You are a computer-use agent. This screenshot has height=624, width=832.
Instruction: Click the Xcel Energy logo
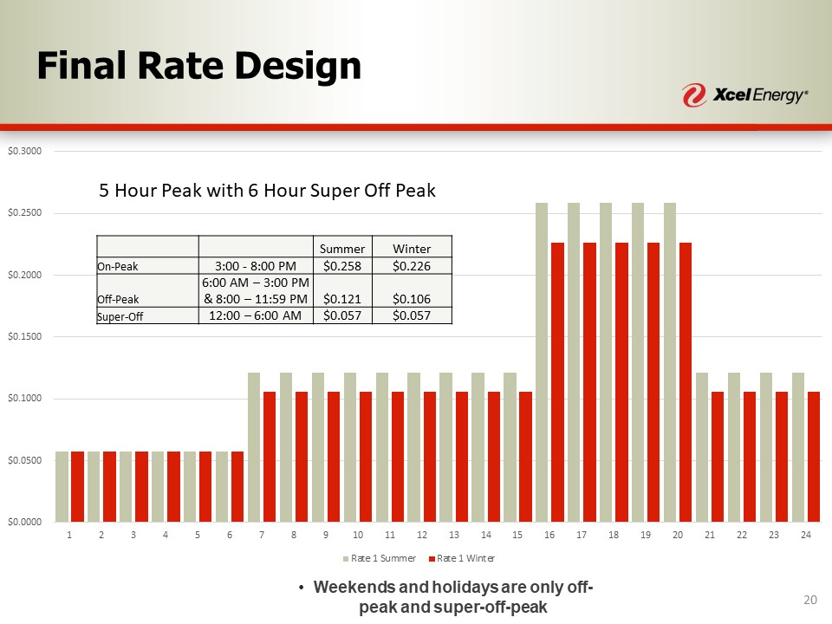tap(745, 94)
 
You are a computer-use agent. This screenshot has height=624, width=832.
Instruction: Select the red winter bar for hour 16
tap(557, 381)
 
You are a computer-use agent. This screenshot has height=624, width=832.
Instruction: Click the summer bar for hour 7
tap(254, 446)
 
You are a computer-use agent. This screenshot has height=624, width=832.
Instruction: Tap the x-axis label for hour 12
tap(422, 535)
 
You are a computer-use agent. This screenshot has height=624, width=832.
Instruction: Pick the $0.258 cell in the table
tap(341, 264)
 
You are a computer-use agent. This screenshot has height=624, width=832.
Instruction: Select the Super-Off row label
tap(119, 316)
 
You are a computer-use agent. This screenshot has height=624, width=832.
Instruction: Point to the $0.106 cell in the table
tap(412, 299)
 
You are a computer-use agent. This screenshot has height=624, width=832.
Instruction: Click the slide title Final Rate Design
tap(198, 66)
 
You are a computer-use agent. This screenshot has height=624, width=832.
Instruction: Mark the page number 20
tap(810, 601)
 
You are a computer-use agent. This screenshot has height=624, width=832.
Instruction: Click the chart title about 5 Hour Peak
tap(268, 191)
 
